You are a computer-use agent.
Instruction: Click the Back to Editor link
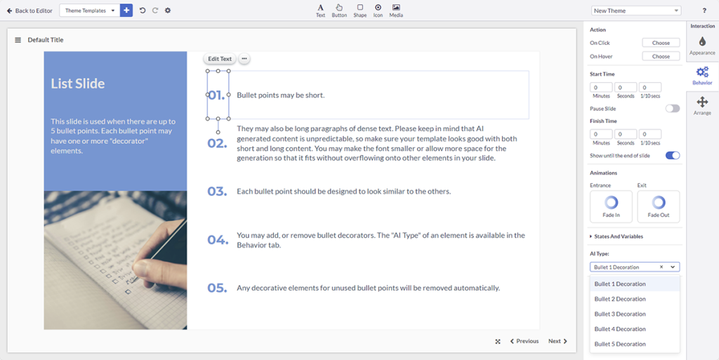[x=29, y=11]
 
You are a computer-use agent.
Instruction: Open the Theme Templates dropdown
[x=89, y=11]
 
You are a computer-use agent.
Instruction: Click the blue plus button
[x=126, y=11]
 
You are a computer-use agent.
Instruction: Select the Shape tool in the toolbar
[x=359, y=10]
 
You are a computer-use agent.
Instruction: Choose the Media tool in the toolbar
[x=396, y=10]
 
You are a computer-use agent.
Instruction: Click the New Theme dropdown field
[x=636, y=11]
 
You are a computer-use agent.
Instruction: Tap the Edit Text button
[x=220, y=59]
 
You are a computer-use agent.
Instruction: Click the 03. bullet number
[x=217, y=192]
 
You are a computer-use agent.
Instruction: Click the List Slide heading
[x=78, y=84]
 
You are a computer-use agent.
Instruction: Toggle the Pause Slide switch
[x=672, y=109]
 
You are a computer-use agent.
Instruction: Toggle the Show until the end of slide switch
[x=672, y=155]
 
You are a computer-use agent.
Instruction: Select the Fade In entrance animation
[x=611, y=206]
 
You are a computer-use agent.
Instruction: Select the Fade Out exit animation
[x=658, y=206]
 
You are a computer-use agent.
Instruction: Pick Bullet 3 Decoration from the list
[x=620, y=314]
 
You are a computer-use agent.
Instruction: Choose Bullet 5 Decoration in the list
[x=620, y=344]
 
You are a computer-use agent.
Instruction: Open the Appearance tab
[x=702, y=46]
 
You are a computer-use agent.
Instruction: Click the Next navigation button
[x=558, y=341]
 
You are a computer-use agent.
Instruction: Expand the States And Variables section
[x=618, y=236]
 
